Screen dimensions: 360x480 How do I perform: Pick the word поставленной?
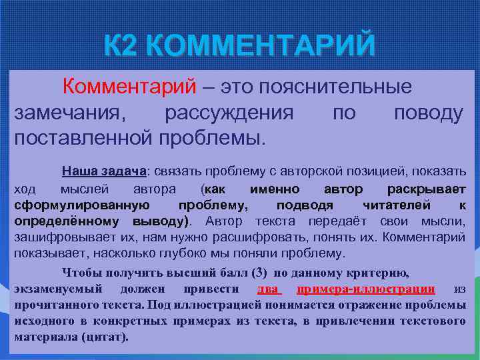pos(82,138)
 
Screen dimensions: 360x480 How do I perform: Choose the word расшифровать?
pos(297,237)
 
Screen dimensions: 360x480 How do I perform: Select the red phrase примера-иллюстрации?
pos(366,289)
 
